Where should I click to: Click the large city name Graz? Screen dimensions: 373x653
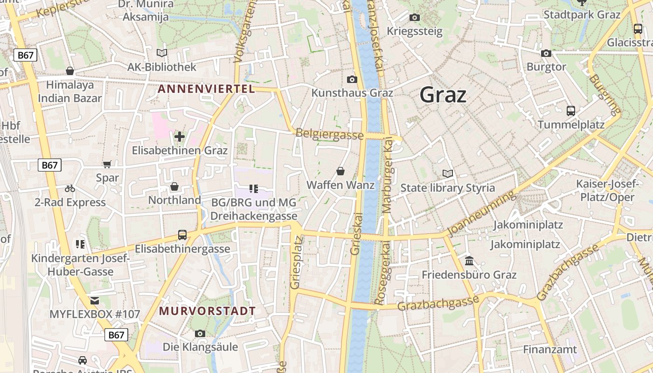[x=443, y=95]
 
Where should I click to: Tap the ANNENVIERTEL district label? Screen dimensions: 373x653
[x=206, y=89]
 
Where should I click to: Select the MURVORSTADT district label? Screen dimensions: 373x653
[x=208, y=311]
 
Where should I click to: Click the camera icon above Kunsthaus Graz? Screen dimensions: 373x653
[x=352, y=79]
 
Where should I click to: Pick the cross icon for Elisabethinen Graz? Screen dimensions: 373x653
[x=180, y=137]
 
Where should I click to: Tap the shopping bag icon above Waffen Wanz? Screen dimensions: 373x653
[x=340, y=171]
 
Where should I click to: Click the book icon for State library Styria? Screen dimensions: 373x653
[x=448, y=174]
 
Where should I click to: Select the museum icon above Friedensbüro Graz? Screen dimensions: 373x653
[x=469, y=261]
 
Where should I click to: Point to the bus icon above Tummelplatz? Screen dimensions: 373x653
[x=571, y=111]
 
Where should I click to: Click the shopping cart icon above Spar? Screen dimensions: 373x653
[x=107, y=164]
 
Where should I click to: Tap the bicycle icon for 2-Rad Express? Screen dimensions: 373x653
[x=70, y=188]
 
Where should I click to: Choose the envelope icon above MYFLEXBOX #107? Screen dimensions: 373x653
[x=95, y=300]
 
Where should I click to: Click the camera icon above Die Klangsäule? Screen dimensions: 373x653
[x=200, y=333]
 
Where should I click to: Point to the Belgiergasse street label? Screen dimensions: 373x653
[x=329, y=134]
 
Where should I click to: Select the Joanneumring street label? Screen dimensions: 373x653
[x=482, y=214]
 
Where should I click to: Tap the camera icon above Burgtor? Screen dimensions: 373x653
[x=546, y=53]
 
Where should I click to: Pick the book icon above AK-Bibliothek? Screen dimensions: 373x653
[x=162, y=53]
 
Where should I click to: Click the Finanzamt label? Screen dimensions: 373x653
[x=549, y=349]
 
